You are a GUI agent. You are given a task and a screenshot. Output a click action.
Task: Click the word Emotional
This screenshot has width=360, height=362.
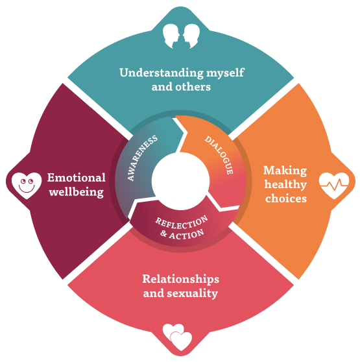pyautogui.click(x=77, y=178)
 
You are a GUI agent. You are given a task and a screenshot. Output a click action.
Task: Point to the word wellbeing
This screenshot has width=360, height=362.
pyautogui.click(x=77, y=192)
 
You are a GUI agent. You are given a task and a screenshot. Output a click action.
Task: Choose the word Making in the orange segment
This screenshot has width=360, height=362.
pyautogui.click(x=285, y=171)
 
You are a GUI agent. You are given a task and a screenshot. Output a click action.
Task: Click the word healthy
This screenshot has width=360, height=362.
pyautogui.click(x=285, y=185)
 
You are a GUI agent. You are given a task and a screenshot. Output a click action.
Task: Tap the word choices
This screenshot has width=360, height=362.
pyautogui.click(x=286, y=199)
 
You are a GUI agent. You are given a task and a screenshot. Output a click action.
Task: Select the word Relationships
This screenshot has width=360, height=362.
pyautogui.click(x=181, y=280)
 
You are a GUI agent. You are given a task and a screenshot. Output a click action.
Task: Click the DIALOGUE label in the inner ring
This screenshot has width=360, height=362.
pyautogui.click(x=219, y=154)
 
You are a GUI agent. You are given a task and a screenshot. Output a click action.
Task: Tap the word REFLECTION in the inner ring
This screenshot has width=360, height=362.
pyautogui.click(x=182, y=223)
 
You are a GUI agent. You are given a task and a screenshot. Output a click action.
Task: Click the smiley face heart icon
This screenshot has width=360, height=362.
pyautogui.click(x=27, y=186)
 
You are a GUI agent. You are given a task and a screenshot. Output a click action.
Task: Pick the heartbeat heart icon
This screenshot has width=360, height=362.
pyautogui.click(x=334, y=186)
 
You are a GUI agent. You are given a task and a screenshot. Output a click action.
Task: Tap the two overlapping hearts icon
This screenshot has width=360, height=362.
pyautogui.click(x=177, y=337)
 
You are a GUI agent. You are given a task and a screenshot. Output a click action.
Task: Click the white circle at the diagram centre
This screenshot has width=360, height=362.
pyautogui.click(x=181, y=181)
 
